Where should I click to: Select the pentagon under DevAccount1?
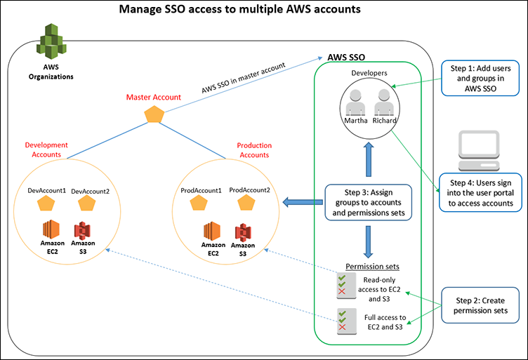pos(46,203)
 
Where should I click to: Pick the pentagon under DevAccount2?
pos(86,203)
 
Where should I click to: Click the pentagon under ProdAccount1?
pos(199,203)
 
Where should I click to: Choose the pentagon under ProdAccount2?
pos(246,203)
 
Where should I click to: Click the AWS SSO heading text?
pos(346,56)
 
